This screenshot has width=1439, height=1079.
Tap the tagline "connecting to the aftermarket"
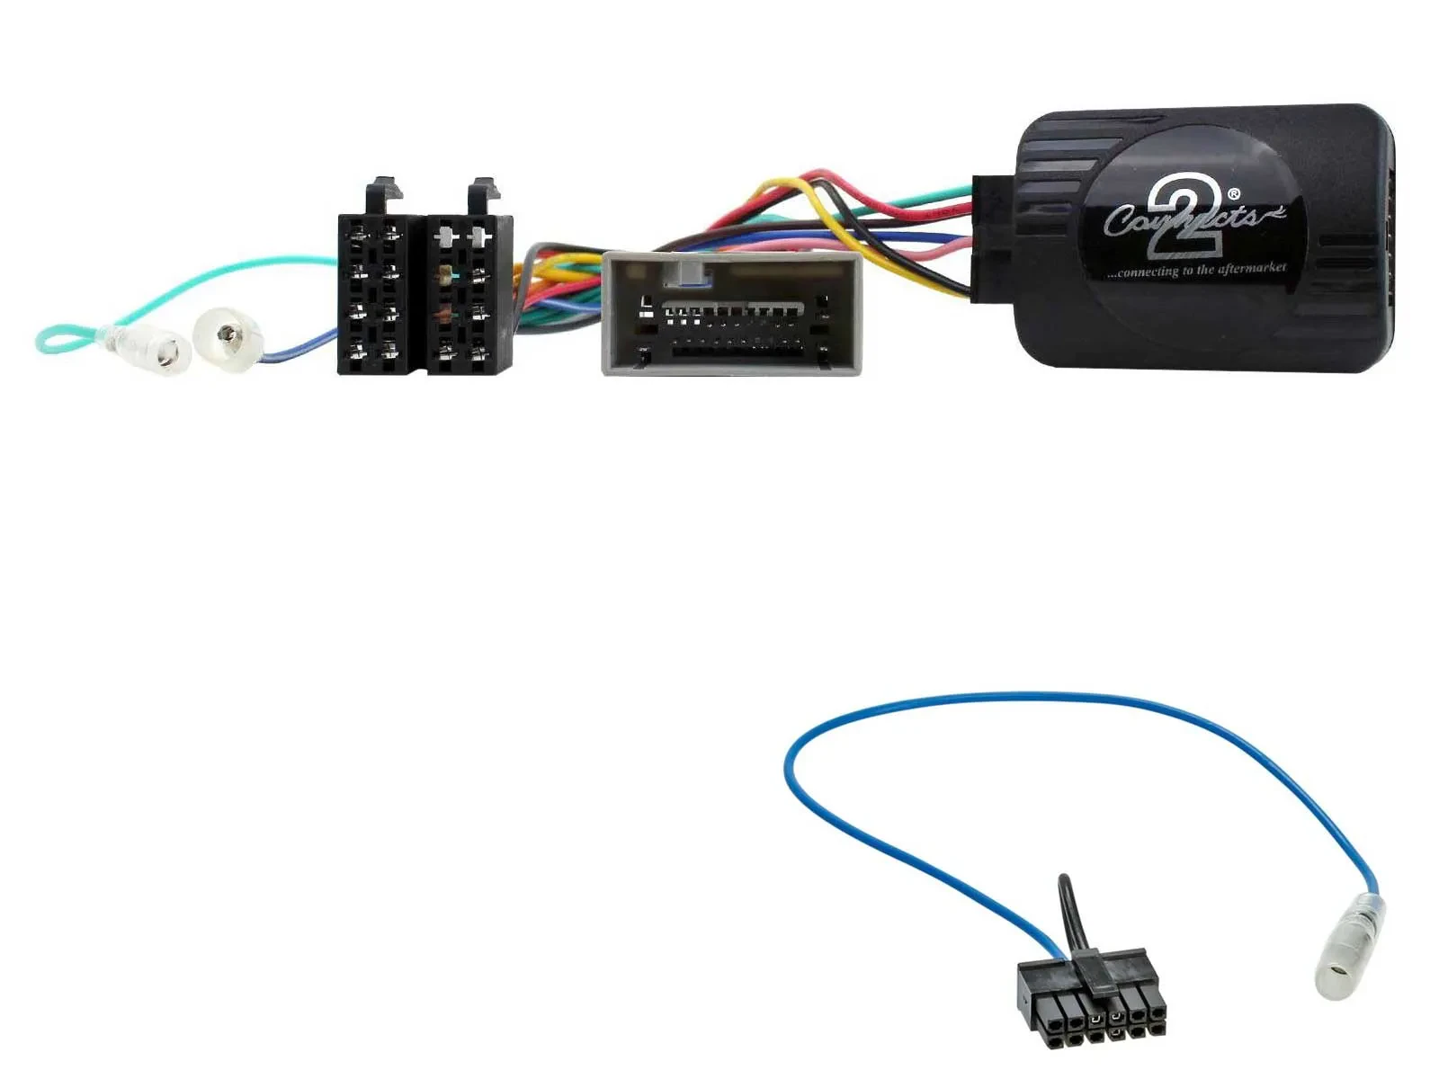click(x=1196, y=270)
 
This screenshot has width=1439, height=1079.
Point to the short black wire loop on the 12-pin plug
click(x=1068, y=908)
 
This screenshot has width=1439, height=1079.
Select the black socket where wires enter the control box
click(x=992, y=237)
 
